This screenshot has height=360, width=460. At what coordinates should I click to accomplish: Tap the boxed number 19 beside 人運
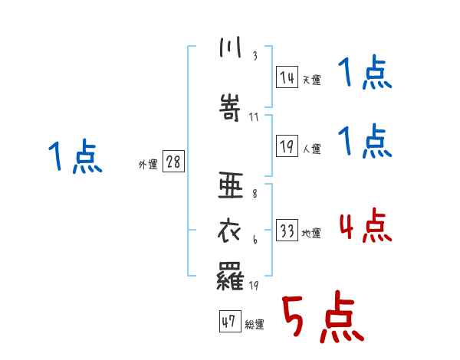(x=287, y=146)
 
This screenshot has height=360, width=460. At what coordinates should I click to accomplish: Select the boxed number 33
(x=287, y=230)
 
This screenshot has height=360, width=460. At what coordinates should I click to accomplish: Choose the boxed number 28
(x=173, y=162)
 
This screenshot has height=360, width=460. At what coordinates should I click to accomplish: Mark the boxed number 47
(x=228, y=321)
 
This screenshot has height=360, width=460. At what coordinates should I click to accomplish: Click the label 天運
(x=311, y=80)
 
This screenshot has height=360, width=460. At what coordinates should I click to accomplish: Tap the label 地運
(x=311, y=233)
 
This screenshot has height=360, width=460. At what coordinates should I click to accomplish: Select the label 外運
(x=147, y=165)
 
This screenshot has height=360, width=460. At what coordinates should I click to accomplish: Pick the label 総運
(x=254, y=325)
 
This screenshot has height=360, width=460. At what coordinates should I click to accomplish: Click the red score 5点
(x=323, y=319)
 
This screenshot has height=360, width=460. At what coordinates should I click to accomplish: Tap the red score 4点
(x=365, y=226)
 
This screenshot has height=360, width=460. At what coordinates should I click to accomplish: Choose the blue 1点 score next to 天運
(x=365, y=74)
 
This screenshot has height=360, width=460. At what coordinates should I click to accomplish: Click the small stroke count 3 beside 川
(x=255, y=57)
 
